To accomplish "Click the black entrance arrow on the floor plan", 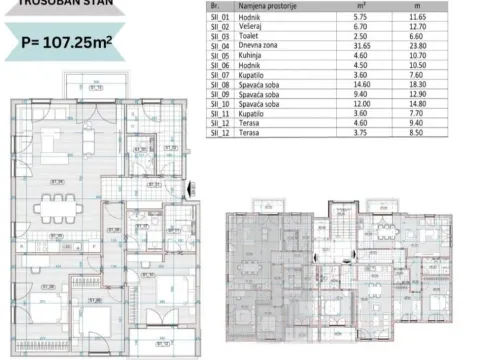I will [190, 188].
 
